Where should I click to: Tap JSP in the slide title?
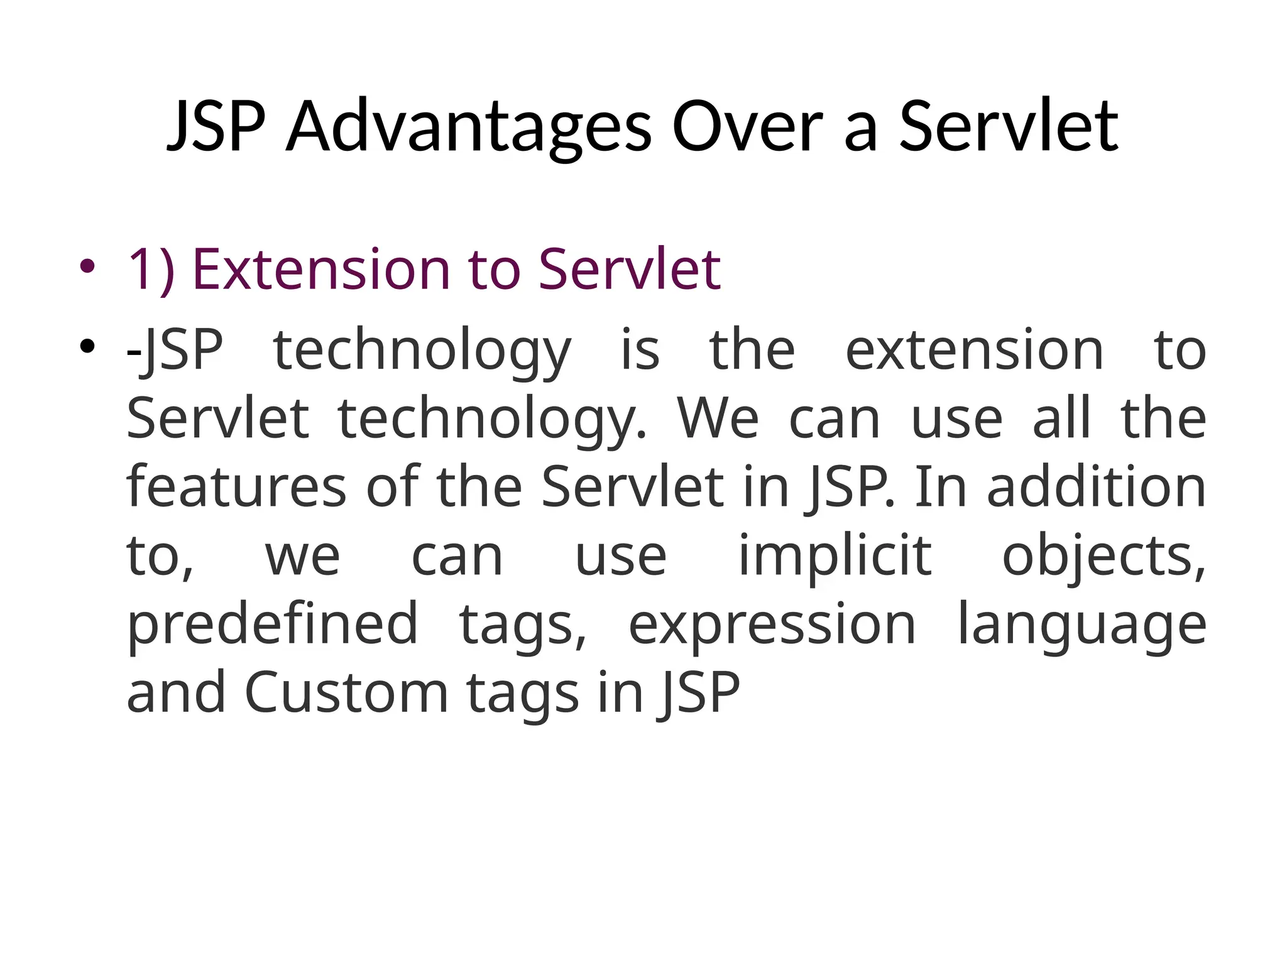216,127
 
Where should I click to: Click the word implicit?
834,556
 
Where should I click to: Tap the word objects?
1103,556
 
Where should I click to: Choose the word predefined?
272,624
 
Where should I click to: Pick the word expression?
772,624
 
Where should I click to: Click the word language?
1081,624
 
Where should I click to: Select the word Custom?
346,692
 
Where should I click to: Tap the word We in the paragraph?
718,418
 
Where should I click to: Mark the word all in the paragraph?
1061,418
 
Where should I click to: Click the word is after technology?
640,350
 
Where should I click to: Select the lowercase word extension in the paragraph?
974,350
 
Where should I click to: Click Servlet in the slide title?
1009,127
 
